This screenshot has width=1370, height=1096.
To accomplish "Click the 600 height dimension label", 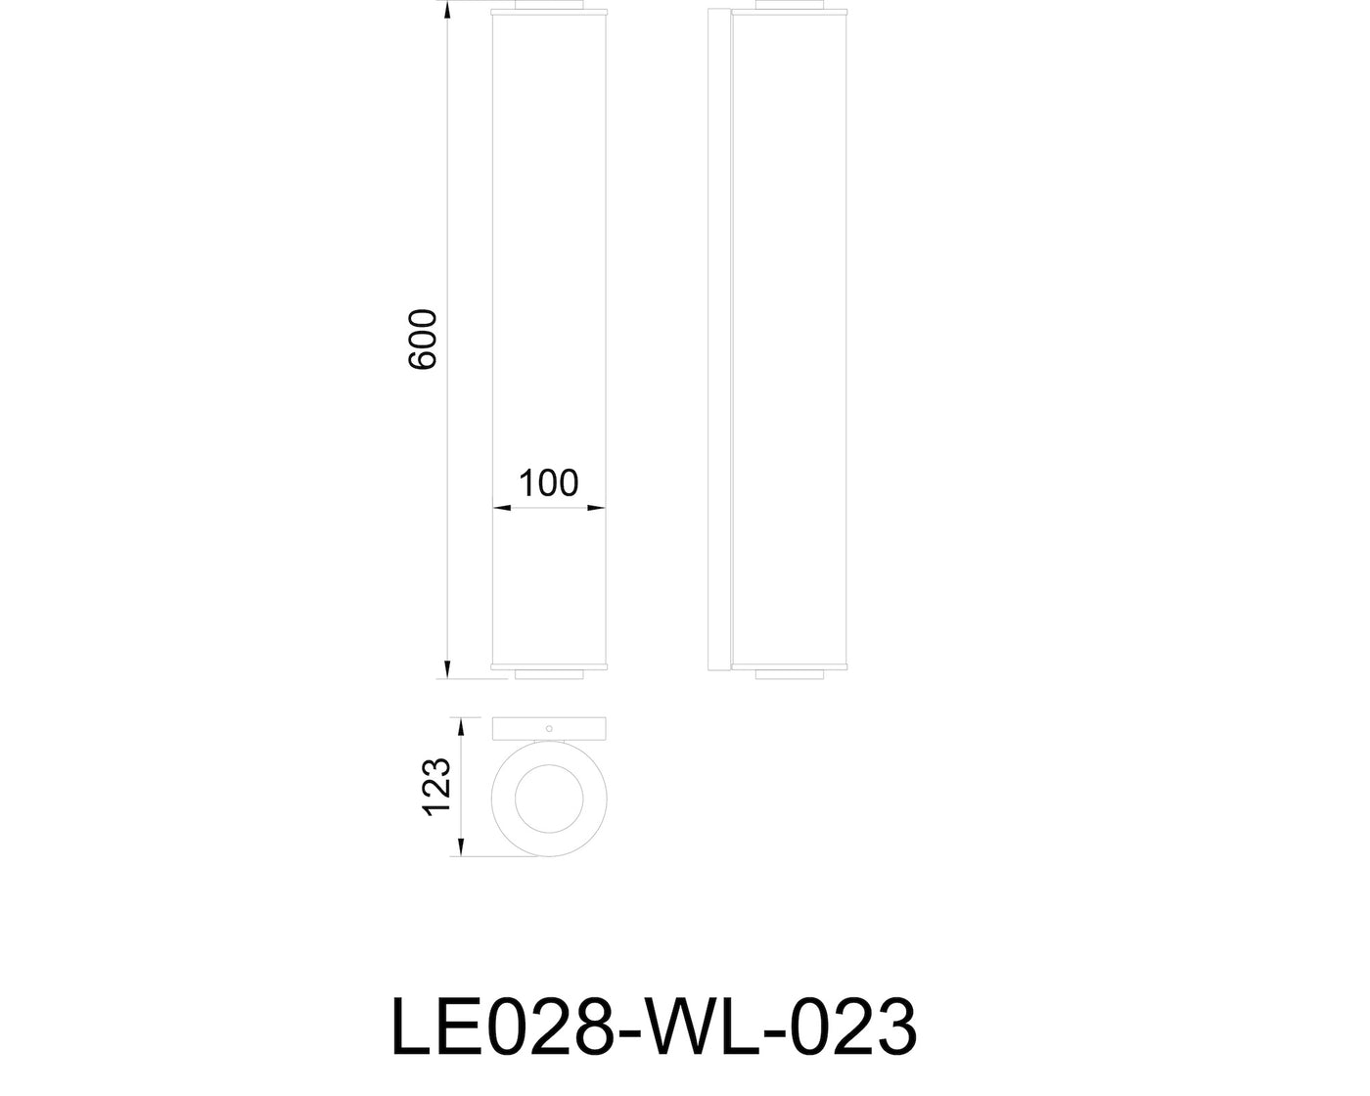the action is pyautogui.click(x=422, y=340).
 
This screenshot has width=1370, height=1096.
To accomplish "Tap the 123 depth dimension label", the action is pyautogui.click(x=436, y=787).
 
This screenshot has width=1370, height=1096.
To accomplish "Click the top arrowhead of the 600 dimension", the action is pyautogui.click(x=447, y=10).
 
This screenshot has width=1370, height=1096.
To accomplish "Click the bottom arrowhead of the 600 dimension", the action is pyautogui.click(x=447, y=670).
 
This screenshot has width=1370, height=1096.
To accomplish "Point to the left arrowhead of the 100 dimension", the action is pyautogui.click(x=502, y=508).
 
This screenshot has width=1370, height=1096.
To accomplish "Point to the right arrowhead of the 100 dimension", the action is pyautogui.click(x=596, y=508).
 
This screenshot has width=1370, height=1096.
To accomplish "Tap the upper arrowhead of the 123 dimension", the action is pyautogui.click(x=461, y=726).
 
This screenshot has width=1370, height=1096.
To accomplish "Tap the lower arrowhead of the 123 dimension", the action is pyautogui.click(x=461, y=847).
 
